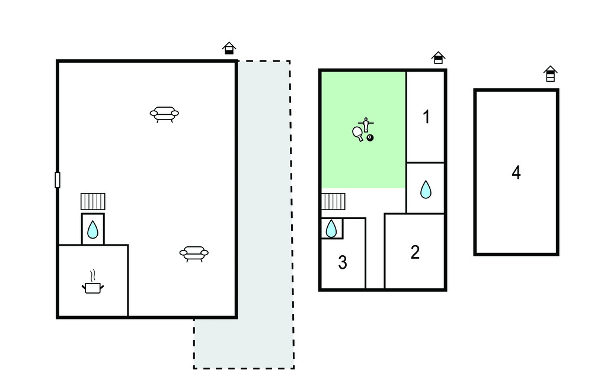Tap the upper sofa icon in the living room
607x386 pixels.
click(x=165, y=114)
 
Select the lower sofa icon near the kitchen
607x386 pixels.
click(x=194, y=254)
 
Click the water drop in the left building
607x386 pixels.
click(x=92, y=229)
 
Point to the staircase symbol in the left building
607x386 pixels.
click(x=93, y=201)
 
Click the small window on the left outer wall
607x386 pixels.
click(x=57, y=180)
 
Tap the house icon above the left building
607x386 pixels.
click(x=229, y=49)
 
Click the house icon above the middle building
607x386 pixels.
click(x=438, y=57)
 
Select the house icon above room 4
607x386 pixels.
click(x=550, y=74)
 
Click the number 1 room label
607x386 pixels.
click(x=426, y=117)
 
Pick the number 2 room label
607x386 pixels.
click(x=415, y=252)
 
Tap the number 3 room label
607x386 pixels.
click(x=343, y=263)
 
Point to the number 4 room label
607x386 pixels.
click(x=516, y=172)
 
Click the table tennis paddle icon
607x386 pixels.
click(x=358, y=134)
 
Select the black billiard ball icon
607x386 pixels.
click(x=370, y=137)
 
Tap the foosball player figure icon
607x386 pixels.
click(x=366, y=125)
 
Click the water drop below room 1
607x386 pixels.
click(x=426, y=189)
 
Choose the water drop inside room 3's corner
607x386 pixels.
click(x=331, y=229)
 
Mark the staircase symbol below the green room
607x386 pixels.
click(x=333, y=201)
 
